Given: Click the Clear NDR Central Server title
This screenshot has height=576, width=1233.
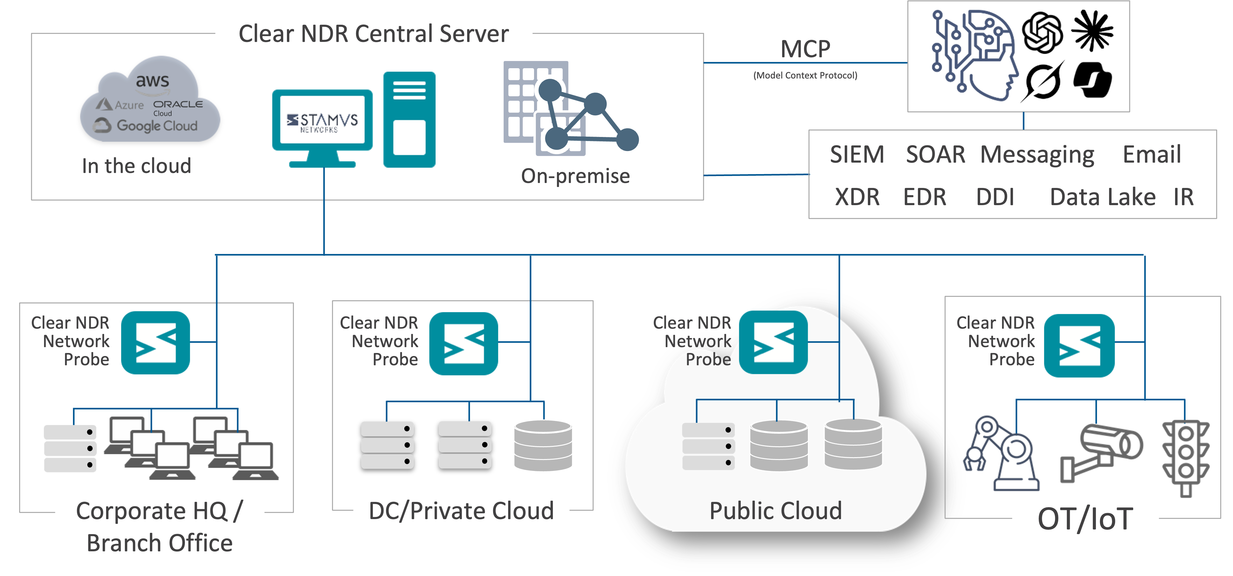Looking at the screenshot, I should (x=373, y=33).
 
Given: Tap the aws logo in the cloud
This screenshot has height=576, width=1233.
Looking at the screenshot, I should (x=152, y=84).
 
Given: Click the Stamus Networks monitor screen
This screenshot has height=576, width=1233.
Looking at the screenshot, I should (x=322, y=119).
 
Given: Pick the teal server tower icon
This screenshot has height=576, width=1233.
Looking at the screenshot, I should (x=409, y=119).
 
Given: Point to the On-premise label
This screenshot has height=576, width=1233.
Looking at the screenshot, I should (x=575, y=176).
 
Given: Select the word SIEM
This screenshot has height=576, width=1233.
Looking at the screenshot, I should (x=857, y=154).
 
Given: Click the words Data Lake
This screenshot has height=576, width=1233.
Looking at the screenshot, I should (x=1102, y=197).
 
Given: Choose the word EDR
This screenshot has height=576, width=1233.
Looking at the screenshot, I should (x=924, y=197).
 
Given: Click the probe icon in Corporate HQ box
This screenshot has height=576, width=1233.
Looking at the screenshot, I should (x=155, y=342).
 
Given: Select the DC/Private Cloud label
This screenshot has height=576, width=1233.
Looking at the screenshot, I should (x=461, y=510).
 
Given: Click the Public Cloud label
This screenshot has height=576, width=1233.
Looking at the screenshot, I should (x=775, y=510).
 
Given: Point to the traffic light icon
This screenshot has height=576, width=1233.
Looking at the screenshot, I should (x=1186, y=457).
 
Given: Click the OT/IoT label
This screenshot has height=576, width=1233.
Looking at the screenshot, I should (x=1085, y=518).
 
